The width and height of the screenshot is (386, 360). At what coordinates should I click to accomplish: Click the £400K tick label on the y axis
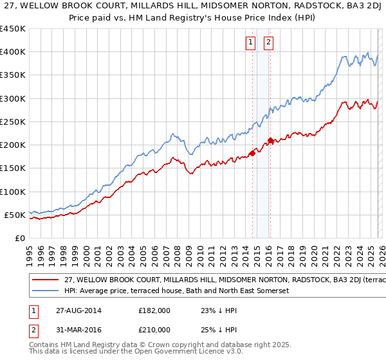tap(13, 52)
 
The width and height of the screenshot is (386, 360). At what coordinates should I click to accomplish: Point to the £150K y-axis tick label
tap(13, 168)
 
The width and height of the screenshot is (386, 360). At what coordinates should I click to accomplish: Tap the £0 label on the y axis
tap(19, 239)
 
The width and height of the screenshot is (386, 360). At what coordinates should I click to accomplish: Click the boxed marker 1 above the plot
tap(250, 43)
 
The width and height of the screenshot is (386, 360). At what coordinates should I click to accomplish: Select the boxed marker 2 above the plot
tap(268, 43)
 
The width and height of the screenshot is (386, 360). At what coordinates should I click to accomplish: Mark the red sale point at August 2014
tap(252, 153)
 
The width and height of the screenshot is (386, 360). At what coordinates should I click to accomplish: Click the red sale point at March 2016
tap(270, 140)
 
